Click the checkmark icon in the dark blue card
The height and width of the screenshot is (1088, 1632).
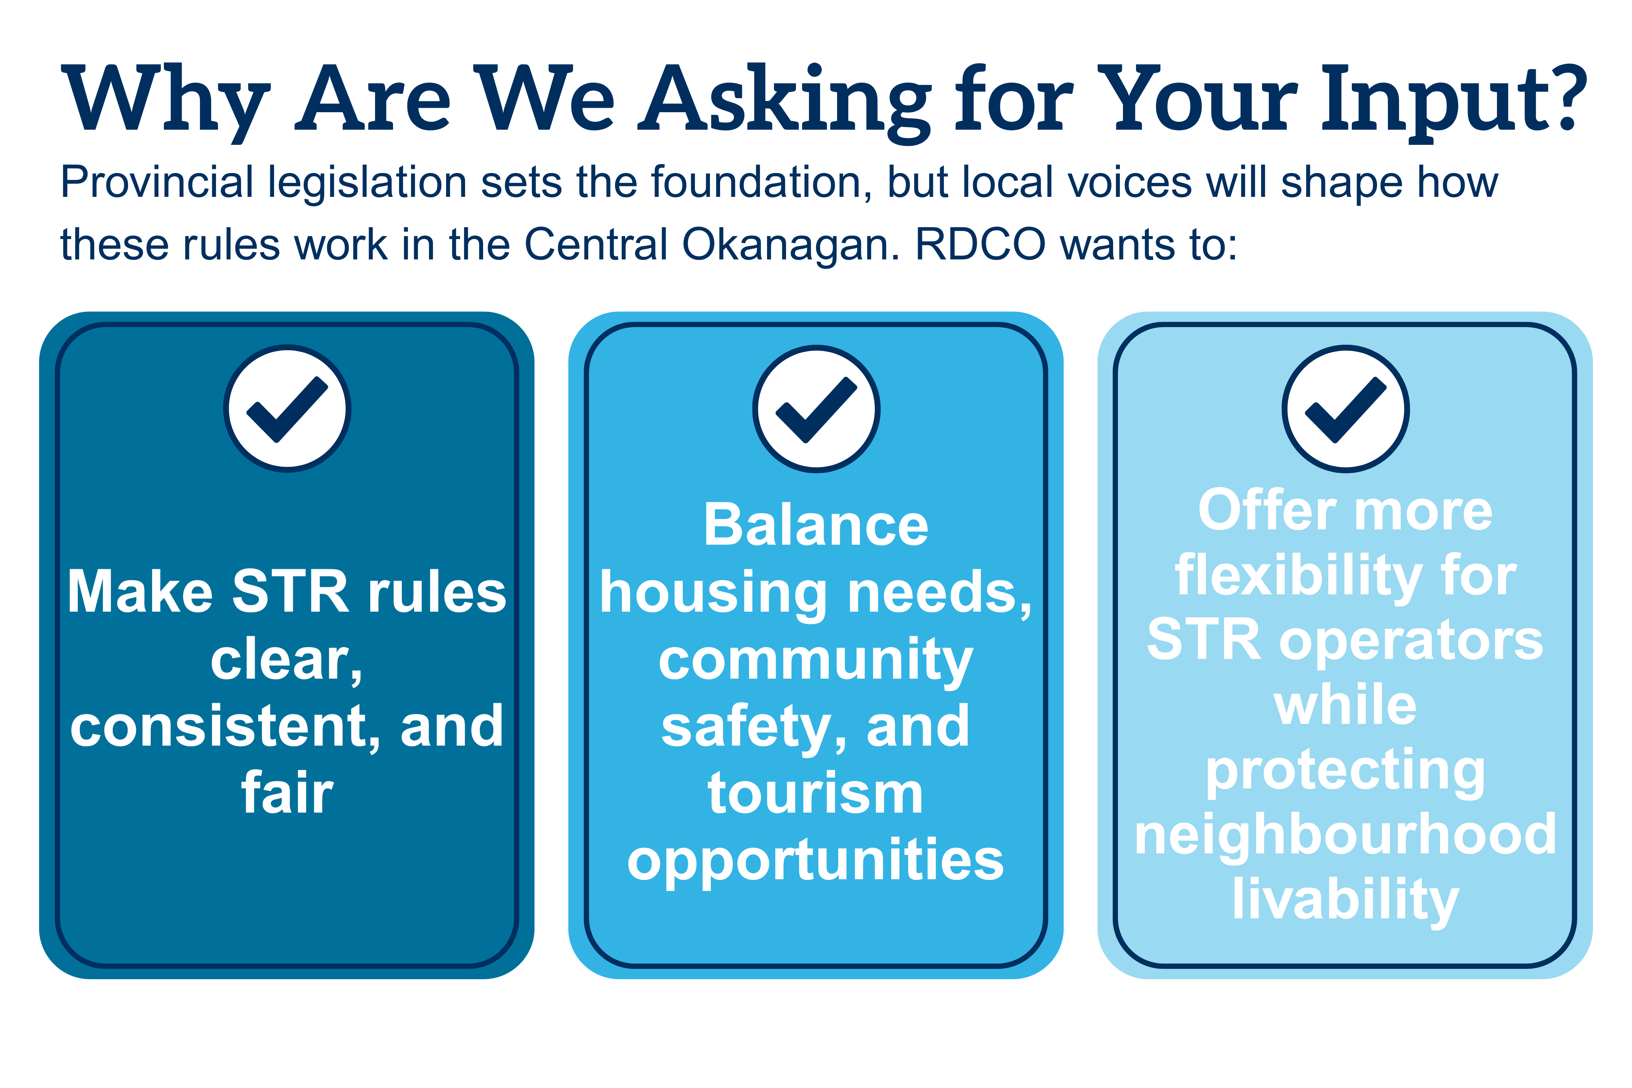click(287, 409)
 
